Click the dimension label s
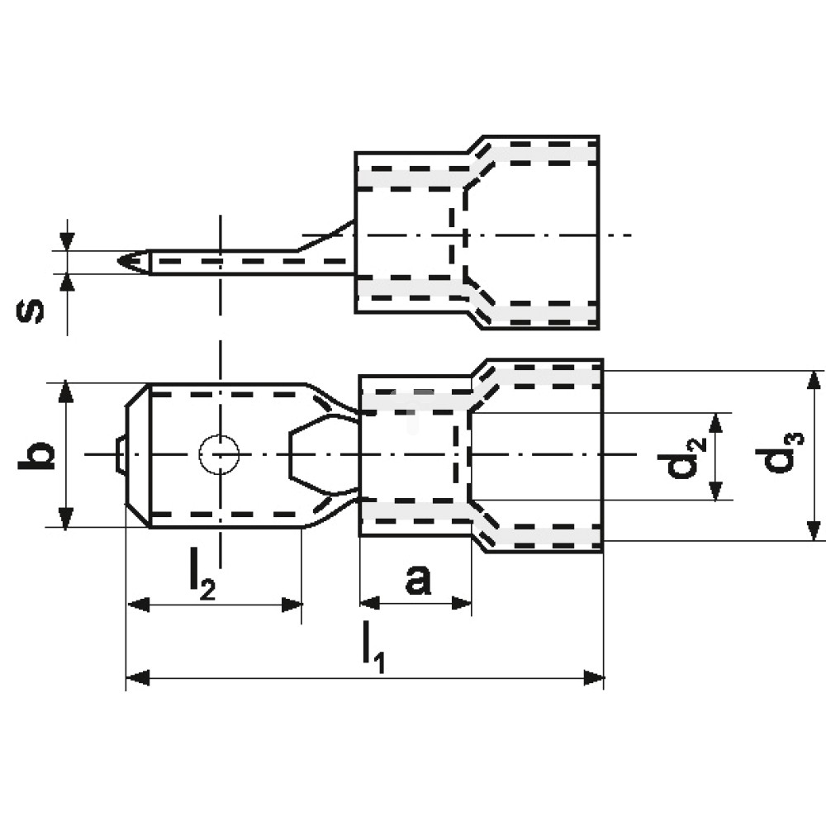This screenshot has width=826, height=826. [x=31, y=311]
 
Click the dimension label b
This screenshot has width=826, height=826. [x=36, y=455]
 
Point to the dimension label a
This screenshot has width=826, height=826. [x=418, y=580]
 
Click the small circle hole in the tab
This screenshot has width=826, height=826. [x=219, y=454]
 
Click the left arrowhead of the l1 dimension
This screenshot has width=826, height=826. [x=138, y=678]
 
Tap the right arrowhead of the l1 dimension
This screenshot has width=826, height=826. [x=593, y=678]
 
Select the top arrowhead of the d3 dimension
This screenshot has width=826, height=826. [x=814, y=382]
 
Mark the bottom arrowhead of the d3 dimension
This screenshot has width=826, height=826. [x=814, y=530]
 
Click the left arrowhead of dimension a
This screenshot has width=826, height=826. [x=370, y=603]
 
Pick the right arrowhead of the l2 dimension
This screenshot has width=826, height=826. [x=292, y=605]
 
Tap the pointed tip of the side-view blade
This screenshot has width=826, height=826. [x=118, y=261]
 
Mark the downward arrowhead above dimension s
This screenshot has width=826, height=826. [x=68, y=242]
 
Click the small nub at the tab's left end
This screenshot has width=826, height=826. [x=121, y=454]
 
